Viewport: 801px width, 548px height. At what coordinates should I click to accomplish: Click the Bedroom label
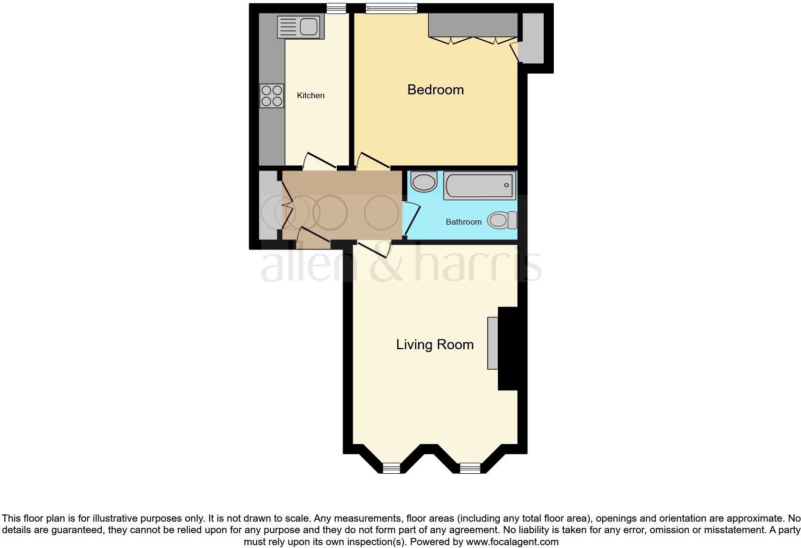(435, 90)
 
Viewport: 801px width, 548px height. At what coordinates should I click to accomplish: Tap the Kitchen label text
(310, 95)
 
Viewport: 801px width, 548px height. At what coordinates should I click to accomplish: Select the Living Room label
(435, 344)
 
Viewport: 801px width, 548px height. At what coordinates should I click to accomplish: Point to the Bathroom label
(463, 222)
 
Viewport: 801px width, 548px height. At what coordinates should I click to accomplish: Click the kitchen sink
(298, 27)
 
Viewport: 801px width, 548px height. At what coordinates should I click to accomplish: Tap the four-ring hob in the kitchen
(272, 96)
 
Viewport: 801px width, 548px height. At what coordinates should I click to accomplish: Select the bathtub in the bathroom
(480, 185)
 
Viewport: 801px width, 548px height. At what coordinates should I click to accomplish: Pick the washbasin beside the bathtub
(424, 182)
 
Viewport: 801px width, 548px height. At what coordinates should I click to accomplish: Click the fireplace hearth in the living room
(493, 343)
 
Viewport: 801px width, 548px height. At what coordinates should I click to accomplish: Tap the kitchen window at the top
(336, 8)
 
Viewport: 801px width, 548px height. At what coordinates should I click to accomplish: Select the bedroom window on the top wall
(391, 8)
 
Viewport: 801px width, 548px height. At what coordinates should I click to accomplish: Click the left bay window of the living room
(391, 468)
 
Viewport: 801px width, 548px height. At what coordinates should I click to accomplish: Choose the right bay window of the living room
(469, 468)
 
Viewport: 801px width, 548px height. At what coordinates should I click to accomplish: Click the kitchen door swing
(320, 161)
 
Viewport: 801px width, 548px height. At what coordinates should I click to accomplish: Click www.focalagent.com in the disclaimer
(512, 542)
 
